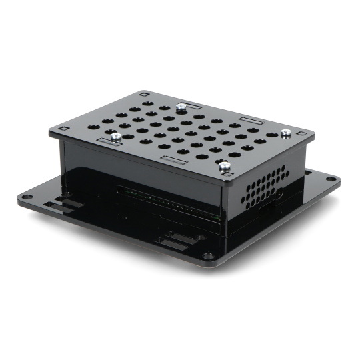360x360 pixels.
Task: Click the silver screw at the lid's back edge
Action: (x=181, y=105)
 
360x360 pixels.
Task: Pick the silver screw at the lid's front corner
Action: (x=225, y=165)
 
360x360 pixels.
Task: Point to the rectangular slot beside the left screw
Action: (x=107, y=141)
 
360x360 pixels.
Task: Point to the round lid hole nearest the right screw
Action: (x=271, y=135)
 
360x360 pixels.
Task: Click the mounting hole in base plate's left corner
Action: (x=26, y=197)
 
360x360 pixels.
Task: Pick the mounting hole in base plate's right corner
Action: (x=330, y=179)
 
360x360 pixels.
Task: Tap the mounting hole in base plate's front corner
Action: (x=209, y=255)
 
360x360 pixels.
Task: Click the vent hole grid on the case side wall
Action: (x=267, y=187)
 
